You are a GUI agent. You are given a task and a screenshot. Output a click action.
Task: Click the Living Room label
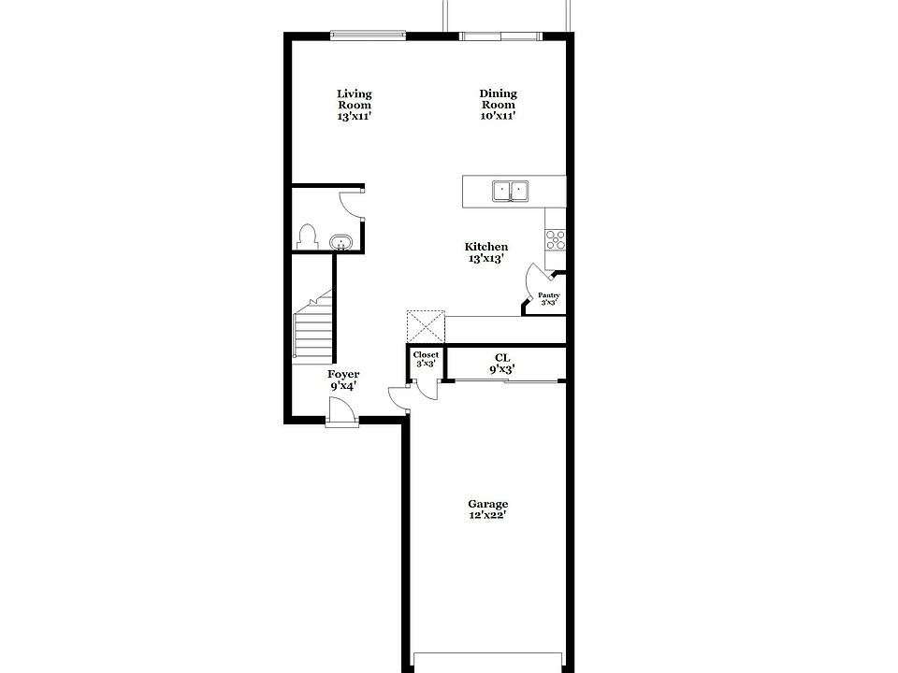point(355,105)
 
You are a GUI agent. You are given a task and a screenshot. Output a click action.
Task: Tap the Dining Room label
point(498,105)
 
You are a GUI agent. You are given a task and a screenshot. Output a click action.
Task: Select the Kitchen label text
point(486,252)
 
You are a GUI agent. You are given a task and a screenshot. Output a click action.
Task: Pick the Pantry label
point(548,299)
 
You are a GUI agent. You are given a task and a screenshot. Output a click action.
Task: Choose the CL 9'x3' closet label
point(501,363)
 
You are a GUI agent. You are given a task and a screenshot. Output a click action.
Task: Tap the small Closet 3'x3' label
point(426,359)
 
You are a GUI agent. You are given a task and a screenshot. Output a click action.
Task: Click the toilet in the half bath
point(305,236)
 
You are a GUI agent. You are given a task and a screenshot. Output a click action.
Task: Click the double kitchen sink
point(511,192)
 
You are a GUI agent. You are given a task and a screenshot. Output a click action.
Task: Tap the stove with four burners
point(556,239)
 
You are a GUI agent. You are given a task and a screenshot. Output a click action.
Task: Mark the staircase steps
point(313,329)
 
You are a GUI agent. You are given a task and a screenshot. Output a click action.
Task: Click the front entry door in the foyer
point(341,411)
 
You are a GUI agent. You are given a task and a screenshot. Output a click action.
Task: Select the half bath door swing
point(351,201)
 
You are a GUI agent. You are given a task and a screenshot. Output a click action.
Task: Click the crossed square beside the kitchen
point(425,328)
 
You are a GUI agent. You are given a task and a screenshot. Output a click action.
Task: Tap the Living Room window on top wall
point(367,36)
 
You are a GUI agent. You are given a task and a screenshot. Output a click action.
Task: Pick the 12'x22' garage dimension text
point(488,514)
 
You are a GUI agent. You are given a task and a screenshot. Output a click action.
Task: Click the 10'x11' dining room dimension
point(498,116)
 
